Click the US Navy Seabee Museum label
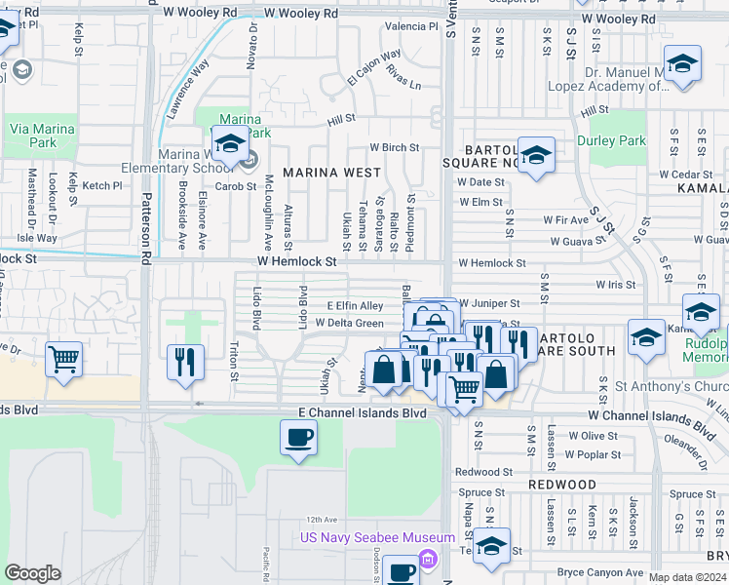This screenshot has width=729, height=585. pyautogui.click(x=377, y=538)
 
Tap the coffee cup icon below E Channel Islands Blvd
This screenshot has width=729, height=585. pyautogui.click(x=298, y=438)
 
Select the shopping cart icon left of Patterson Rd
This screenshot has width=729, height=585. pyautogui.click(x=63, y=360)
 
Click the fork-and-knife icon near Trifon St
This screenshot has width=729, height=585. pyautogui.click(x=183, y=362)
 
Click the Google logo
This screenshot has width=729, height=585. pyautogui.click(x=32, y=573)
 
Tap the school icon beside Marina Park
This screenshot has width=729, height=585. pyautogui.click(x=229, y=144)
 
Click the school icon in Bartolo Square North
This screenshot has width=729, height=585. pyautogui.click(x=535, y=155)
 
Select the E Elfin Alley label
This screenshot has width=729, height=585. pyautogui.click(x=361, y=306)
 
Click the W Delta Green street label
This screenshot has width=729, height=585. pyautogui.click(x=349, y=323)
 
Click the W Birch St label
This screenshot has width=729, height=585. pyautogui.click(x=394, y=148)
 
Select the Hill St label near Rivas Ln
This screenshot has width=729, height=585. pyautogui.click(x=341, y=119)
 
